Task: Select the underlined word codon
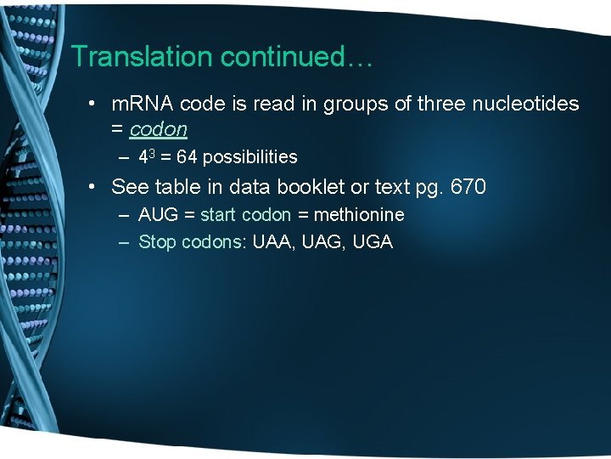[x=158, y=129]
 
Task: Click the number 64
[x=187, y=157]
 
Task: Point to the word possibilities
[x=250, y=157]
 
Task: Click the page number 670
[x=468, y=186]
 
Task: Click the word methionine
[x=358, y=215]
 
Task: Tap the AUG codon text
[x=157, y=215]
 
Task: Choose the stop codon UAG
[x=321, y=242]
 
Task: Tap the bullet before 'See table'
[x=96, y=187]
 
